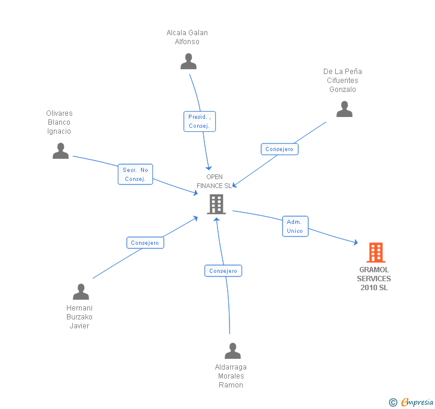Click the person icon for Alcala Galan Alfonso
point(188,61)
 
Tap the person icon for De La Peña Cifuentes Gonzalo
point(344,109)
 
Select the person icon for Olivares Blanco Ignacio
point(60,151)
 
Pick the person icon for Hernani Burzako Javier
point(81,292)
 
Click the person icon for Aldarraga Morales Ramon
point(232,351)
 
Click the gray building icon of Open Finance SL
point(215,204)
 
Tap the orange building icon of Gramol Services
point(375,253)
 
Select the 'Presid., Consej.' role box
point(199,121)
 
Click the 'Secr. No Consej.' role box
point(135,174)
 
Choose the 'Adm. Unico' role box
point(295,226)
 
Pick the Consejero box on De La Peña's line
point(279,149)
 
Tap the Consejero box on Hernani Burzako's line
point(145,242)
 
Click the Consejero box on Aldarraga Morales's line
point(223,270)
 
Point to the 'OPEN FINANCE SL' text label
point(214,182)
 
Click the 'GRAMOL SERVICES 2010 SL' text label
point(375,279)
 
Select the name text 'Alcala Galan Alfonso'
point(187,37)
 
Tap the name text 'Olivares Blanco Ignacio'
point(59,122)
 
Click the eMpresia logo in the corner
point(416,402)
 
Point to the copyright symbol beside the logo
point(393,402)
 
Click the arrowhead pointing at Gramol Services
point(356,242)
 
